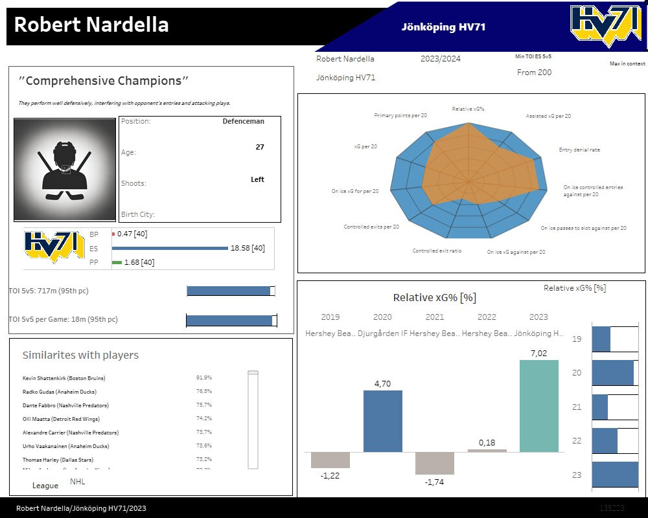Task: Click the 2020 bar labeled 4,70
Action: click(382, 421)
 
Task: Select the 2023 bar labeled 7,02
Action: click(538, 406)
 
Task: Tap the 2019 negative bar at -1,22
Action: click(330, 460)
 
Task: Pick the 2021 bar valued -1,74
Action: click(434, 463)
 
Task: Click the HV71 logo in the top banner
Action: click(607, 27)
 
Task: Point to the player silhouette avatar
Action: click(64, 170)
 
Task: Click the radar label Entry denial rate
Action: click(579, 150)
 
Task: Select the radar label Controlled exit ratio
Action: click(437, 251)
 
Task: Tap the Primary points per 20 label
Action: click(400, 115)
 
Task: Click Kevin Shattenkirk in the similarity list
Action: click(64, 378)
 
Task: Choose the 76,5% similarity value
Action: click(203, 391)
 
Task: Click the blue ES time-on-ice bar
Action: click(170, 248)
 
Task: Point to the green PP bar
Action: click(117, 262)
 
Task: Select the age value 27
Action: click(260, 147)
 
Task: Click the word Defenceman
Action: click(243, 121)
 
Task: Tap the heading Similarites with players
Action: click(80, 355)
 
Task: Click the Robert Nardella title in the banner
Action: click(91, 25)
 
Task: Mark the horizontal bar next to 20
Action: click(612, 373)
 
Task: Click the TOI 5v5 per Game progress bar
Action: click(231, 320)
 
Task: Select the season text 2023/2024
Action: click(441, 59)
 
